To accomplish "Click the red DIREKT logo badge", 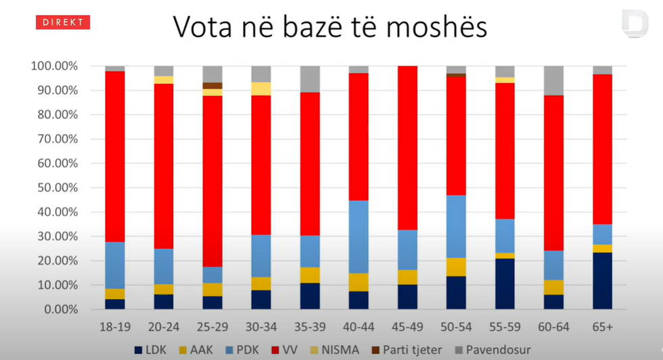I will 62,22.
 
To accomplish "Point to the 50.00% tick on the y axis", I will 55,188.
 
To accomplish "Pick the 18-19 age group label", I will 114,327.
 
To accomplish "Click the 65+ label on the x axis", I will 602,327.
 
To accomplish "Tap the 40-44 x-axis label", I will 359,327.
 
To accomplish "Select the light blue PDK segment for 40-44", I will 359,237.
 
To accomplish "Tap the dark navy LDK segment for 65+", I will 602,281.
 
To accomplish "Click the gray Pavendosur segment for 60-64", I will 553,81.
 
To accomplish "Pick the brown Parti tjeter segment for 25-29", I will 212,86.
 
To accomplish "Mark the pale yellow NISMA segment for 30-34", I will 261,89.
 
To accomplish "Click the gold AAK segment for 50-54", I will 456,267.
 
